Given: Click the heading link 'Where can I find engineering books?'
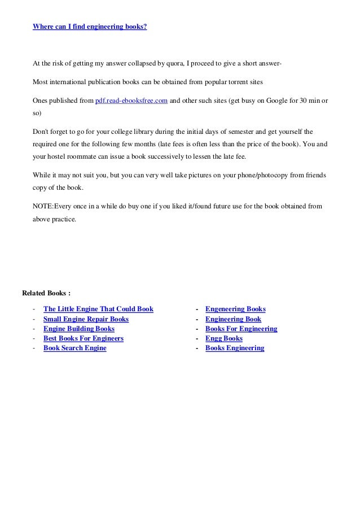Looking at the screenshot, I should (90, 26).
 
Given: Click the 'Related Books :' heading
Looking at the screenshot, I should (46, 293).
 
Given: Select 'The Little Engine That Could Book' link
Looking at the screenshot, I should (98, 310).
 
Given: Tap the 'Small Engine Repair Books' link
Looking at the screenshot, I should (86, 319).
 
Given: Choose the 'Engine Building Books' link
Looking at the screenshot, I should (78, 329).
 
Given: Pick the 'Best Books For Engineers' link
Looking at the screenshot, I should (83, 338).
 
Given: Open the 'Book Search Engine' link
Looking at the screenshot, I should (74, 348).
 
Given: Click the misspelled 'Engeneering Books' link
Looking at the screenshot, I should (235, 310).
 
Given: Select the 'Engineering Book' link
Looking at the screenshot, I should (233, 319).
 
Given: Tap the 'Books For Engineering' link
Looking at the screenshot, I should (241, 329).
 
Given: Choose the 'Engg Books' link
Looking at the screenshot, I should (224, 338).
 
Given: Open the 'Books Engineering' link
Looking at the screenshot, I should (235, 348).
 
